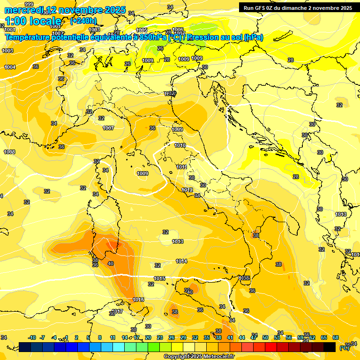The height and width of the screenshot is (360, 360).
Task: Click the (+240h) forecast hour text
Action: [x=83, y=21]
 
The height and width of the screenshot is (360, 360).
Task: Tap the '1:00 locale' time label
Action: [x=33, y=21]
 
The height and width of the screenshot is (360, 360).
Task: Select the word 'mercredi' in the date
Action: [x=23, y=10]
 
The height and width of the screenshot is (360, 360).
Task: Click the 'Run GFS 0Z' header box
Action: [x=298, y=7]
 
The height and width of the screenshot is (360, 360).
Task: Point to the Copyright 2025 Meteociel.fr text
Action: [x=199, y=356]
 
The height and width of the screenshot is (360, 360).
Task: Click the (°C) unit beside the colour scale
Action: [x=344, y=347]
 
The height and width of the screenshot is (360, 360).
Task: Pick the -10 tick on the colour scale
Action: [x=32, y=337]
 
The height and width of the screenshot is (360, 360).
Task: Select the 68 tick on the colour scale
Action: [x=336, y=337]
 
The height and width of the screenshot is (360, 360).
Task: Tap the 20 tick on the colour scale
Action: [x=148, y=337]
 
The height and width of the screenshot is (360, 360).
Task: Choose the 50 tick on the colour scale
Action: [x=265, y=337]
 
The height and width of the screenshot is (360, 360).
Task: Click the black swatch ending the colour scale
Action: [x=330, y=347]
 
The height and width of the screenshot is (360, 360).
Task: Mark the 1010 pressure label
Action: [x=180, y=146]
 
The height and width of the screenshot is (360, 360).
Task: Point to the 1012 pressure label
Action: [x=187, y=190]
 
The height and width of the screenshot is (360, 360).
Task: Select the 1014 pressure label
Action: [x=182, y=261]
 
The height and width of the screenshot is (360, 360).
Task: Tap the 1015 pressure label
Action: [x=159, y=278]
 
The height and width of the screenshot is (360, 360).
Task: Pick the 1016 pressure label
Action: [x=138, y=299]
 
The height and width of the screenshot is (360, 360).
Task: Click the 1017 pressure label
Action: [x=117, y=311]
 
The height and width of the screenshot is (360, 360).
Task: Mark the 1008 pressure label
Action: [x=9, y=152]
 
